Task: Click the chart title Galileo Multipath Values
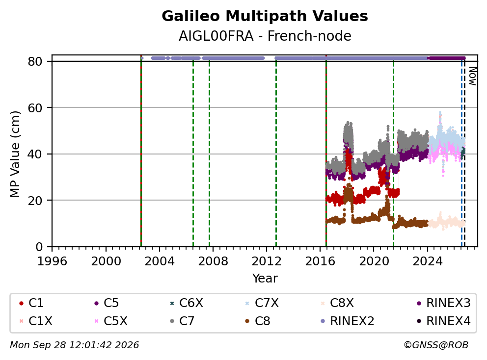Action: (x=265, y=16)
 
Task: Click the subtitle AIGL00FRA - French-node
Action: (x=265, y=36)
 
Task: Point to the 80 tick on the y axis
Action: (x=35, y=61)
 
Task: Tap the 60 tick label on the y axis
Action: (x=35, y=108)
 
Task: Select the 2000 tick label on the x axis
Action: (x=106, y=261)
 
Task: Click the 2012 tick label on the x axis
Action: (x=267, y=261)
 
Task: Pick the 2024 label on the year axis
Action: (x=428, y=261)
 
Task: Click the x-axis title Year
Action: (x=265, y=279)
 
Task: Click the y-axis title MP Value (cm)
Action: (x=15, y=154)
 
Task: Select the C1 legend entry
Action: (x=31, y=303)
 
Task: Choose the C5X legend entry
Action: (x=111, y=321)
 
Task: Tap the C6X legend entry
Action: (x=187, y=303)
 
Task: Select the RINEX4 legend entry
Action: (x=443, y=321)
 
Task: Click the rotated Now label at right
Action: (x=473, y=76)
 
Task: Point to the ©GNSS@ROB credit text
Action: (x=436, y=345)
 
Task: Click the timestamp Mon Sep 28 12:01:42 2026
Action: (x=75, y=345)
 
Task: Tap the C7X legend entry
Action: (x=262, y=303)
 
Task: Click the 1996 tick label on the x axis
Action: (x=52, y=261)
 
